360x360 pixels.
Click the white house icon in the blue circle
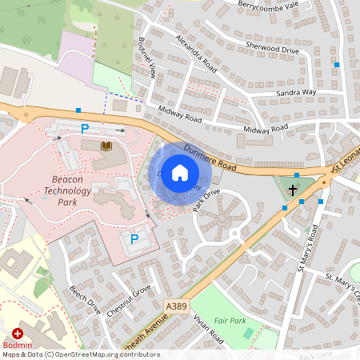180,173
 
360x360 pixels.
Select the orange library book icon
106,146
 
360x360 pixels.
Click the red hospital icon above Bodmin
18,334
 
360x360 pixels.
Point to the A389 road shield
177,306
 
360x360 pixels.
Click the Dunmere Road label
210,156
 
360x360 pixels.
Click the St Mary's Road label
306,248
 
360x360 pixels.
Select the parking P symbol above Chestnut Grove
134,238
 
